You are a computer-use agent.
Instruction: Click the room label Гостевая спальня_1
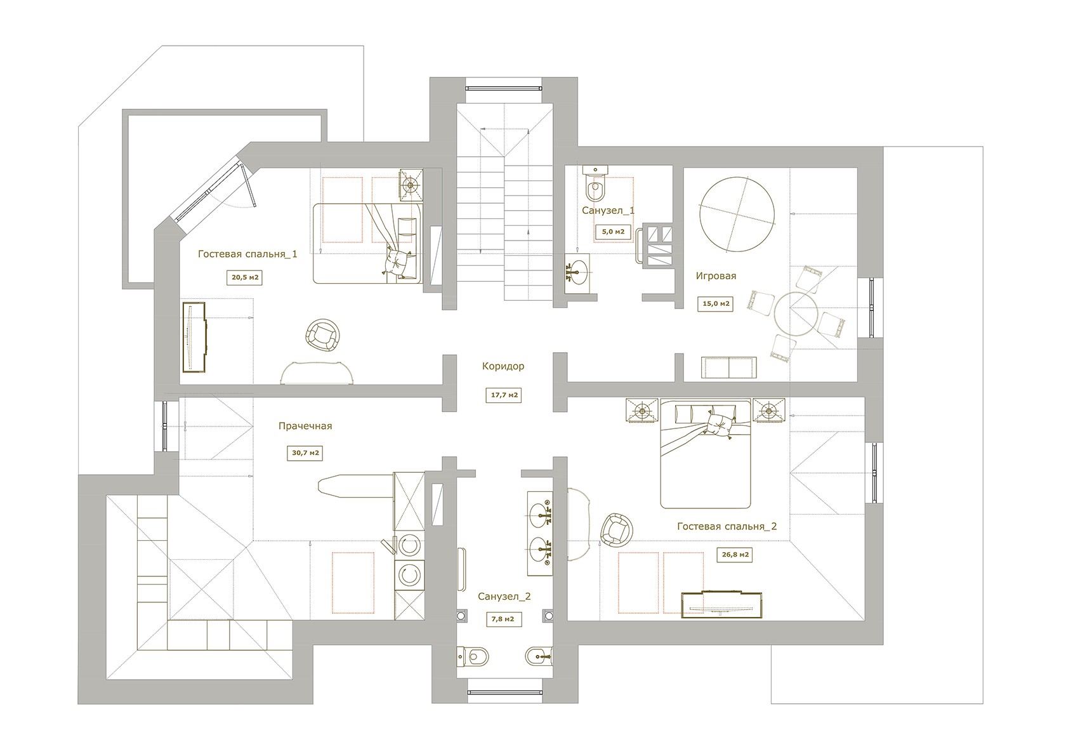click(247, 254)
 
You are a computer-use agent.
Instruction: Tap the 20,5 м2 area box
click(245, 277)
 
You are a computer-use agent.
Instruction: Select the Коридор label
click(503, 366)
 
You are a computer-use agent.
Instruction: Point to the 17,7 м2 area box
click(504, 395)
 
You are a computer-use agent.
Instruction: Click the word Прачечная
click(305, 426)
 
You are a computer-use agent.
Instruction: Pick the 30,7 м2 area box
click(305, 453)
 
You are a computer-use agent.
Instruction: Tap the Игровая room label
click(716, 276)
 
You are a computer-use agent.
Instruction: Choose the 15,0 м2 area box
click(715, 303)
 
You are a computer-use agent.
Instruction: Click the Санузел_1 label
click(608, 211)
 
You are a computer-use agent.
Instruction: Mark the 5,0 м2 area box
click(613, 232)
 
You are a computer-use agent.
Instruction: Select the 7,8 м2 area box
click(503, 619)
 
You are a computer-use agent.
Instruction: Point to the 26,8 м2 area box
click(735, 555)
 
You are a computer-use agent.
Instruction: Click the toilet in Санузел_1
click(595, 183)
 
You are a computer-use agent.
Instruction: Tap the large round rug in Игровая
click(737, 215)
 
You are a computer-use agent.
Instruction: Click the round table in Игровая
click(796, 314)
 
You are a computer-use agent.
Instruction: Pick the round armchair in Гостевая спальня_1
click(322, 335)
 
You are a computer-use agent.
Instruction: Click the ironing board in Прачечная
click(356, 486)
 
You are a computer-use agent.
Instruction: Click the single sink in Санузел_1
click(577, 273)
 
